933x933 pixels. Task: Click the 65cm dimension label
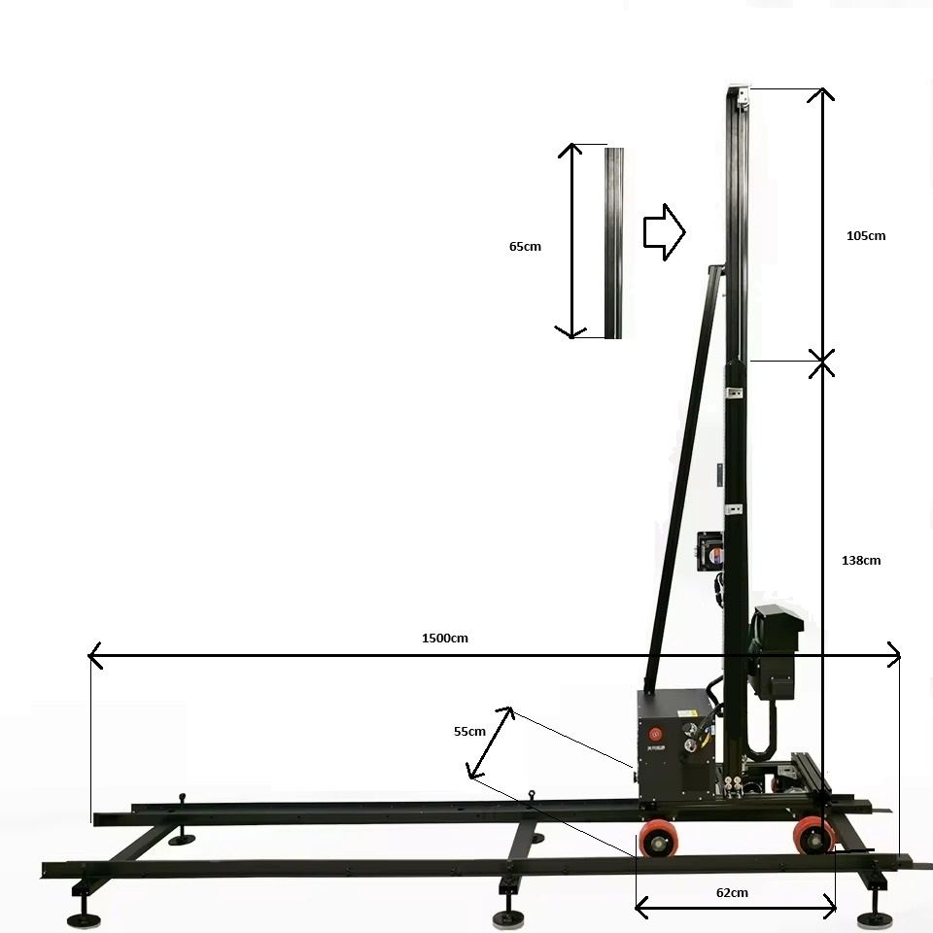tap(525, 246)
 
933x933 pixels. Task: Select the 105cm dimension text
tap(866, 235)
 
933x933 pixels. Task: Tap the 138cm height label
tap(861, 560)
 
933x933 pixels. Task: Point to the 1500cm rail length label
tap(444, 638)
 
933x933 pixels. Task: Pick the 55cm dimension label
tap(469, 731)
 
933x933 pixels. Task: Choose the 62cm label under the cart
tap(732, 892)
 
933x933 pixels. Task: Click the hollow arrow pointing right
tap(665, 232)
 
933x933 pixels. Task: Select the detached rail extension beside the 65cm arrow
tap(614, 243)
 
